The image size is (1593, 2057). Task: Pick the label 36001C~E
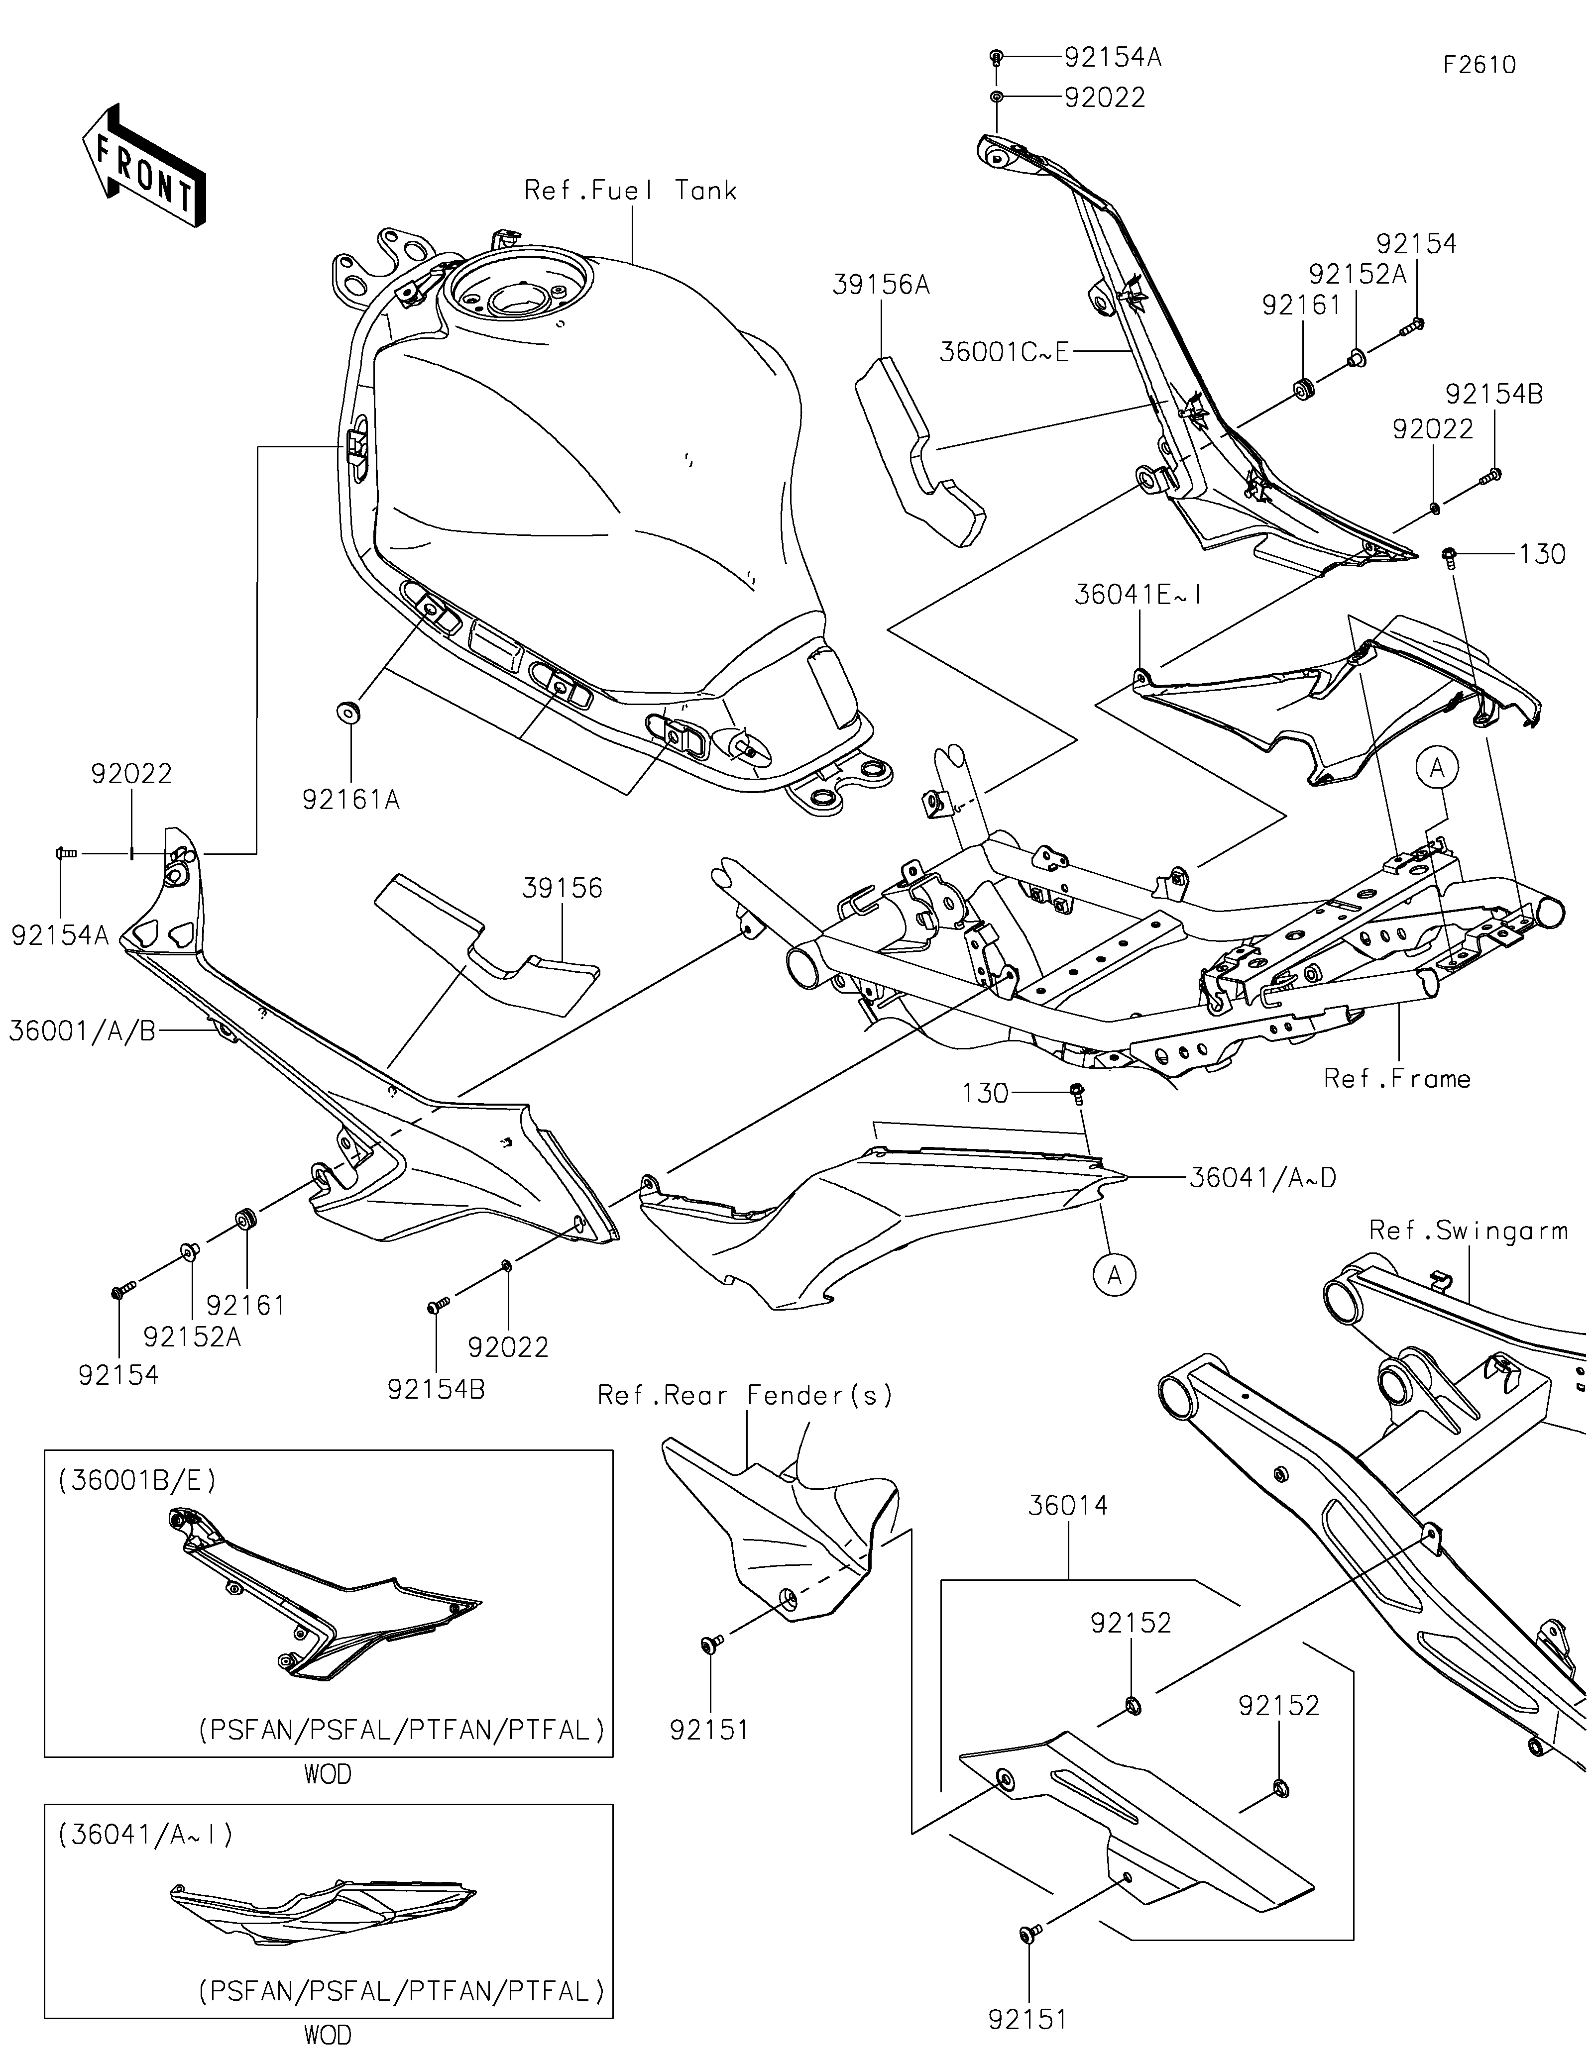coord(1004,352)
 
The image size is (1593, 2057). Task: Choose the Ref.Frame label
coord(1397,1078)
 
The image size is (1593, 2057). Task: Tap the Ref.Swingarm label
coord(1468,1230)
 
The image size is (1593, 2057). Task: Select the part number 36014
coord(1067,1505)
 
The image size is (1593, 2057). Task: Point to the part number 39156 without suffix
coord(563,888)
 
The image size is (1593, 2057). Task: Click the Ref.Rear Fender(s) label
coord(745,1395)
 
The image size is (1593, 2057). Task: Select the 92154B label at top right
coord(1494,395)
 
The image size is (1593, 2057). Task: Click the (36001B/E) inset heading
coord(137,1481)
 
